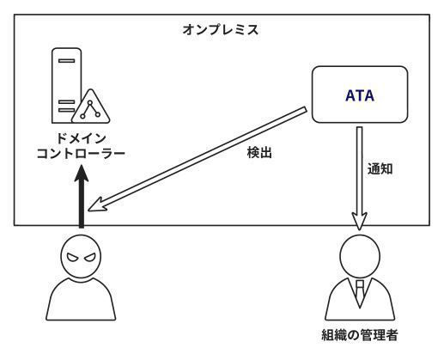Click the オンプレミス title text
(x=220, y=29)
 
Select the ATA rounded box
(x=360, y=95)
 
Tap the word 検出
(x=259, y=152)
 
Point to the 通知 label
(x=380, y=169)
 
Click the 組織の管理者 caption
(x=360, y=335)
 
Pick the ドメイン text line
(x=81, y=138)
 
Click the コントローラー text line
(x=81, y=154)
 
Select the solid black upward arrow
(x=82, y=197)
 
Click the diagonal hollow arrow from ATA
(x=197, y=159)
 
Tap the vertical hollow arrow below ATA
(x=360, y=178)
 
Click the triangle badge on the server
(x=91, y=107)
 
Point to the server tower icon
(x=67, y=85)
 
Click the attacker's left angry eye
(x=72, y=257)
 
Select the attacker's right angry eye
(x=89, y=257)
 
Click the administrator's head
(x=360, y=256)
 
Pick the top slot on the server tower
(x=66, y=61)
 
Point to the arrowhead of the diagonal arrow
(x=97, y=205)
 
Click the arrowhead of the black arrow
(x=82, y=174)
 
